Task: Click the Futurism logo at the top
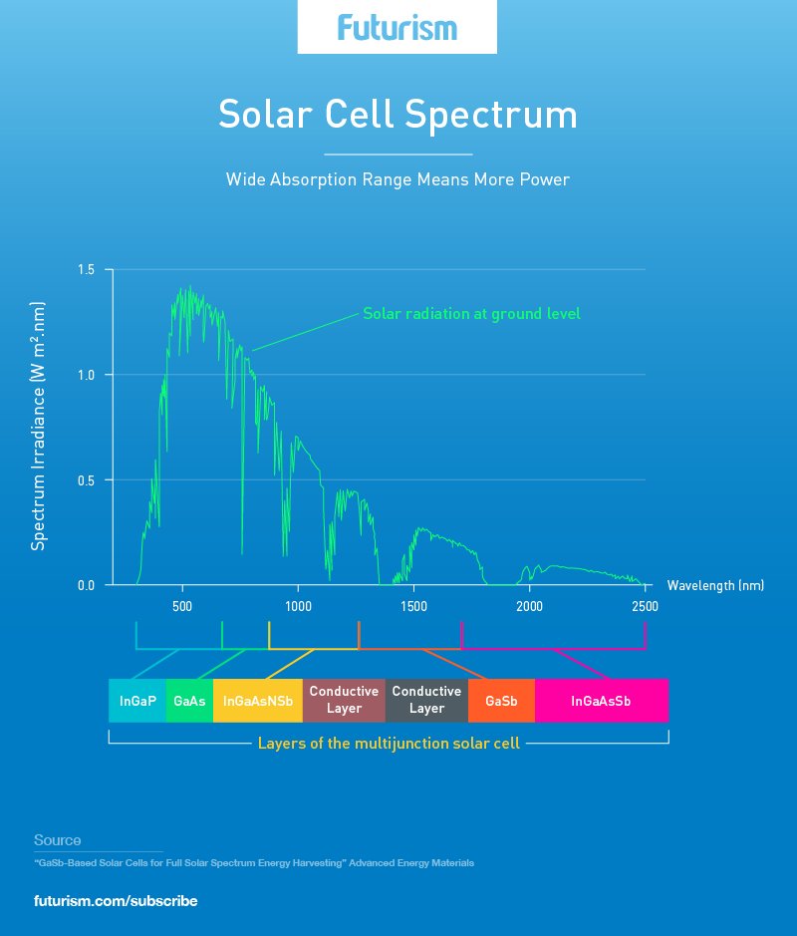point(397,28)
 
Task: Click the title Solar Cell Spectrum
point(398,115)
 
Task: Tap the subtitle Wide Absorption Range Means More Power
point(398,180)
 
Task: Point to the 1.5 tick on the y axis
point(87,270)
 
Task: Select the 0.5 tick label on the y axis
point(87,480)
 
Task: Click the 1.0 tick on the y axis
point(87,375)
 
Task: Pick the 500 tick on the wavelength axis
point(181,606)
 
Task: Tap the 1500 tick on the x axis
point(413,606)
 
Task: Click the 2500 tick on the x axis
point(645,606)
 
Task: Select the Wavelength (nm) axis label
point(715,586)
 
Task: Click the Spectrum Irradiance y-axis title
point(39,426)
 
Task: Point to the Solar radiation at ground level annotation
point(471,314)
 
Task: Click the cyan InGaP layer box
point(137,701)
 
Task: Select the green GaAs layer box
point(189,701)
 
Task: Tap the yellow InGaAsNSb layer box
point(258,701)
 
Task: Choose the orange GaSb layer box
point(501,701)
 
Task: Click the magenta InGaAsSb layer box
point(601,701)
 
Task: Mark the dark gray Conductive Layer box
point(426,700)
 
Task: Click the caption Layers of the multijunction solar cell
point(389,744)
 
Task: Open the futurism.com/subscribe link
point(116,901)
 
